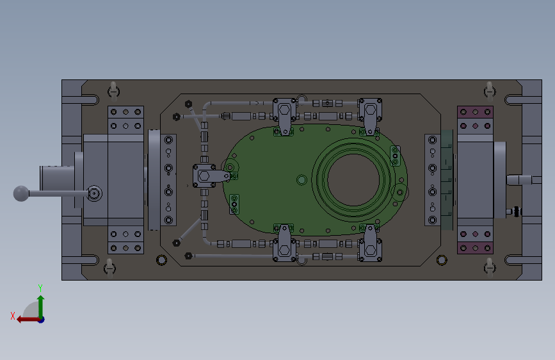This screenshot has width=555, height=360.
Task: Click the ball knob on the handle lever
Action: (21, 193)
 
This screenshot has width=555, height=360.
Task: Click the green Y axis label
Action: (40, 288)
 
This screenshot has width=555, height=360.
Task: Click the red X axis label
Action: (13, 316)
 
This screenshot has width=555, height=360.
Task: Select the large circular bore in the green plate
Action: (353, 179)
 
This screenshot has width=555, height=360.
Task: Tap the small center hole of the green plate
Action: (302, 180)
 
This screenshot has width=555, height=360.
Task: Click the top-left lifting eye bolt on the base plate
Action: (113, 91)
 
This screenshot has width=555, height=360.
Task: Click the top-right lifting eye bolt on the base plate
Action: (490, 91)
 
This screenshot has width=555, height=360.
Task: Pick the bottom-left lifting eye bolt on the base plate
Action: (109, 268)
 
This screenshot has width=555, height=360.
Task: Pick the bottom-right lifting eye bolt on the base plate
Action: (490, 267)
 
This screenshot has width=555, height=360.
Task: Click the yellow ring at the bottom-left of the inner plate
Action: (161, 260)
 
